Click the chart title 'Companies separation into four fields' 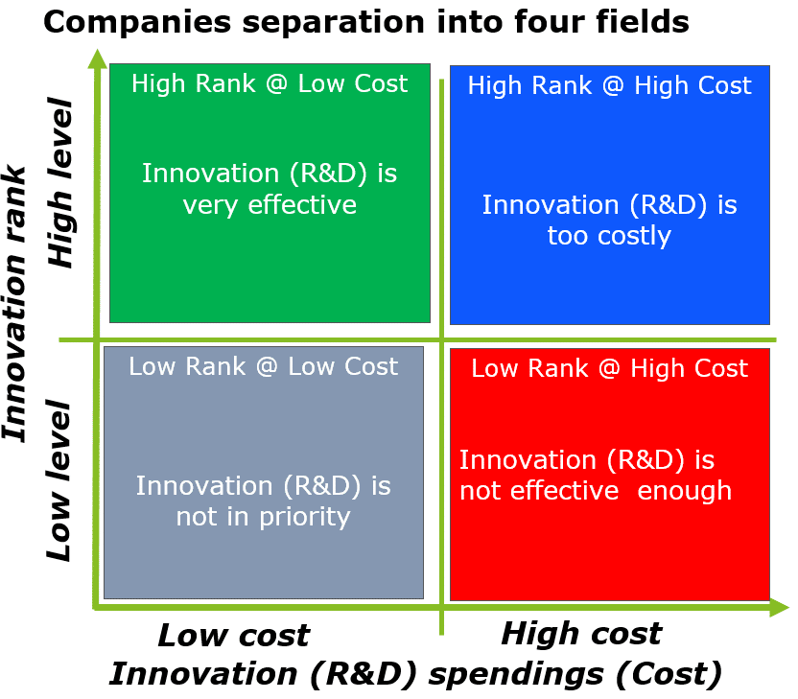pyautogui.click(x=366, y=22)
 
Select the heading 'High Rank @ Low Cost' pyautogui.click(x=270, y=83)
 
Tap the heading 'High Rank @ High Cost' pyautogui.click(x=609, y=85)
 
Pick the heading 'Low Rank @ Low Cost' pyautogui.click(x=263, y=366)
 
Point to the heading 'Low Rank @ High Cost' pyautogui.click(x=609, y=368)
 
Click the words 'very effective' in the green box pyautogui.click(x=270, y=205)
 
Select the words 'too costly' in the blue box pyautogui.click(x=609, y=236)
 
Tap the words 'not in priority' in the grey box pyautogui.click(x=263, y=518)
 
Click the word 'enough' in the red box pyautogui.click(x=685, y=492)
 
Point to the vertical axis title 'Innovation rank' pyautogui.click(x=14, y=303)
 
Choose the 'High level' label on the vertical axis pyautogui.click(x=60, y=182)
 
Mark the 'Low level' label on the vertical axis pyautogui.click(x=59, y=480)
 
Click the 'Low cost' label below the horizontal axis pyautogui.click(x=234, y=636)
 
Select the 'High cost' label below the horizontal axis pyautogui.click(x=581, y=634)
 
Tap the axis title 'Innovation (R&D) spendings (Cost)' pyautogui.click(x=415, y=675)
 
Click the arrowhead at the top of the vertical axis pyautogui.click(x=97, y=58)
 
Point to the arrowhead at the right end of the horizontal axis pyautogui.click(x=780, y=607)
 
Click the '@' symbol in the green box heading pyautogui.click(x=277, y=84)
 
